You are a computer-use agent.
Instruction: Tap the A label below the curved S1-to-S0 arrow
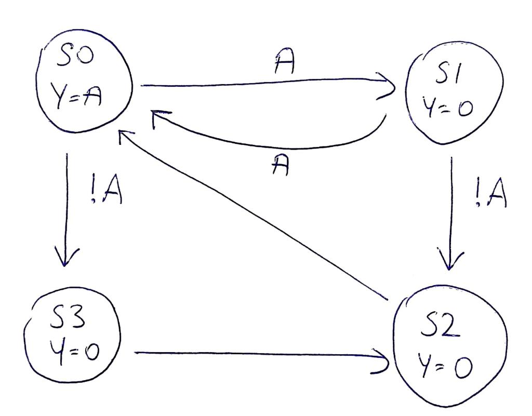pyautogui.click(x=281, y=167)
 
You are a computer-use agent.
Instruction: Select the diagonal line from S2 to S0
pyautogui.click(x=255, y=218)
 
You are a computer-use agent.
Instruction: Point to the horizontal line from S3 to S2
pyautogui.click(x=260, y=354)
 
